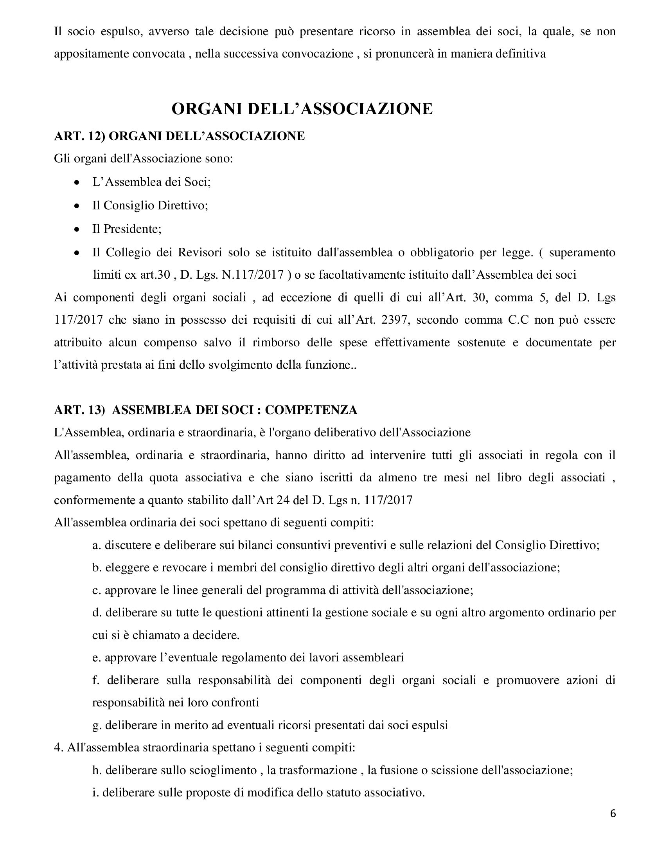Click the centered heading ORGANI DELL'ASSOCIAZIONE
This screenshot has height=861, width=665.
point(302,109)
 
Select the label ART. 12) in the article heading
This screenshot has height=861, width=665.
point(79,136)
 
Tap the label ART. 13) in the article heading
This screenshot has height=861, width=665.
point(79,410)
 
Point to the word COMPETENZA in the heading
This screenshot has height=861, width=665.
point(311,410)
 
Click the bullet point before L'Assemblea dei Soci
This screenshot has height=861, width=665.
point(77,182)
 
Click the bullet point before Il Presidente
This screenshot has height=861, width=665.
point(77,229)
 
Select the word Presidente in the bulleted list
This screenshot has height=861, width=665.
point(132,229)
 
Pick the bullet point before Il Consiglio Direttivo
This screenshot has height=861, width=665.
point(77,206)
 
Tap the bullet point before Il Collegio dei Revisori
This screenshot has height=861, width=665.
point(77,252)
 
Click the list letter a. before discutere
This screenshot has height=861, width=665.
point(97,546)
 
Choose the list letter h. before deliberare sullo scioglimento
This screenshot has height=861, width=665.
point(97,770)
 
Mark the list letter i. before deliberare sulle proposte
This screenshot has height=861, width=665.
point(95,793)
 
